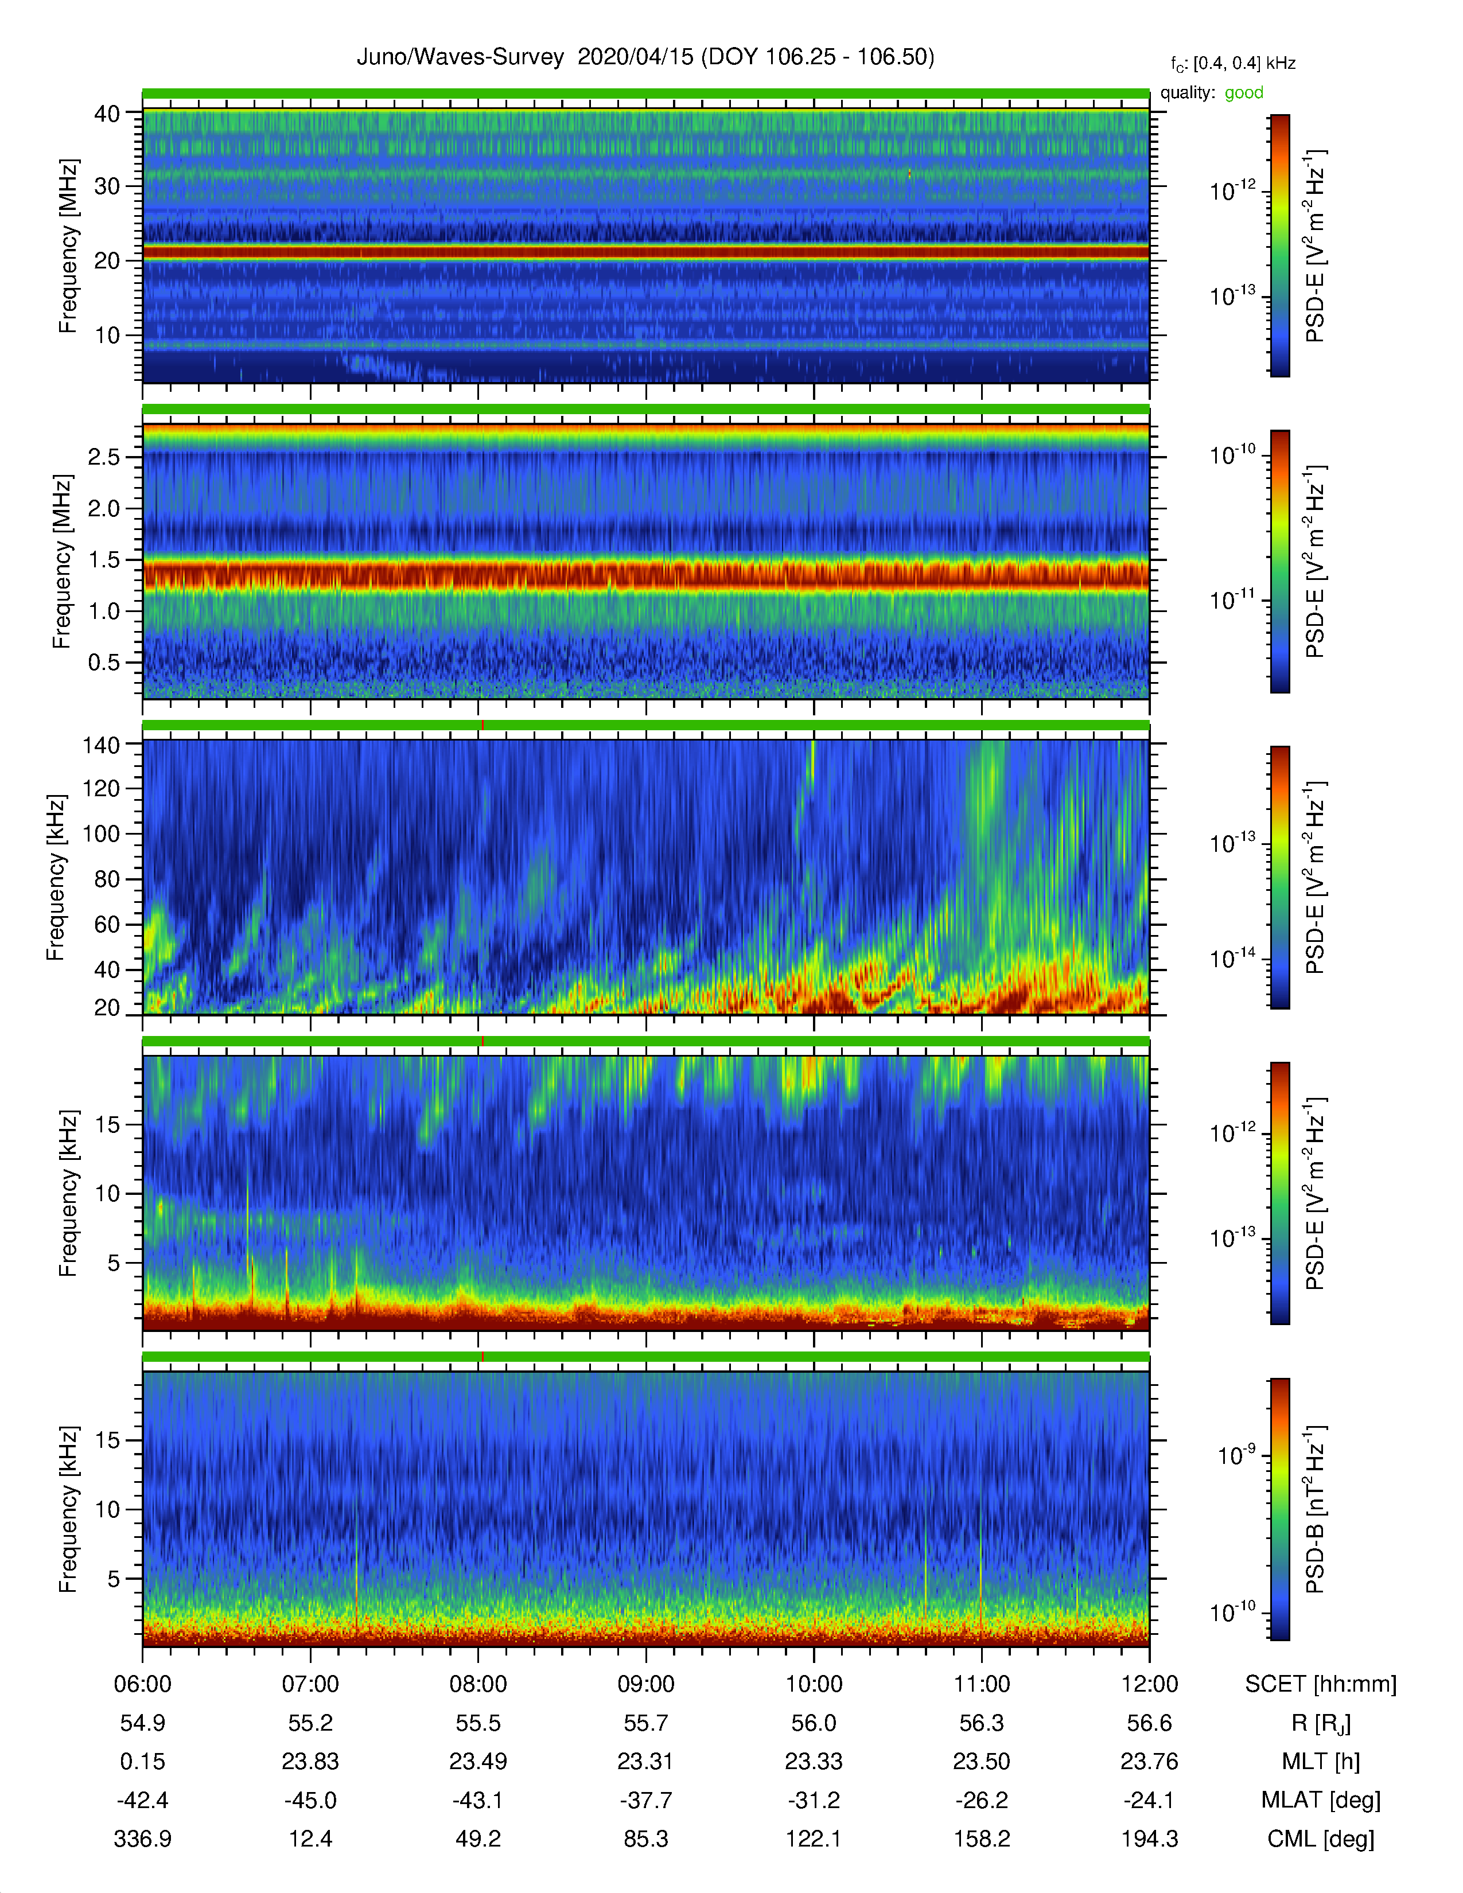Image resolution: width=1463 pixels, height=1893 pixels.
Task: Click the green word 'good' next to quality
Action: coord(1244,93)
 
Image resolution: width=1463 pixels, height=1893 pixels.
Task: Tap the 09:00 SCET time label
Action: coord(645,1684)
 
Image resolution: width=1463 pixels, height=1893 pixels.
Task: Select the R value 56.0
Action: coord(814,1723)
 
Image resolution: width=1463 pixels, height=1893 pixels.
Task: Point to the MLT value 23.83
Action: coord(310,1761)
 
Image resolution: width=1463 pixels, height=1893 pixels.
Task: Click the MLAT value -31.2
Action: coord(814,1800)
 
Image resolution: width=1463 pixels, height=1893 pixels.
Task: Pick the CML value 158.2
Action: coord(982,1839)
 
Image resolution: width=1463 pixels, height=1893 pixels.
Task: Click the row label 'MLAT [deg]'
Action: coord(1321,1800)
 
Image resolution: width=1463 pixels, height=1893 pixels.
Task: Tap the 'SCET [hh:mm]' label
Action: coord(1321,1684)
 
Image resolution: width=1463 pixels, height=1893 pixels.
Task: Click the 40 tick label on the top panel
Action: coord(107,114)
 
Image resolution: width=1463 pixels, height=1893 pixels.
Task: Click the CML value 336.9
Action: coord(143,1839)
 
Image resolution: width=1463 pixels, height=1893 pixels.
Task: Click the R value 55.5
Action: coord(478,1723)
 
